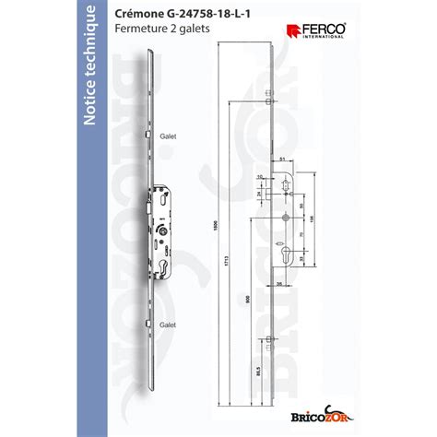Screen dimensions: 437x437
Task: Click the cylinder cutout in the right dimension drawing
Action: [x=286, y=255]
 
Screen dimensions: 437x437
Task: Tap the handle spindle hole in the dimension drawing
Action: [x=286, y=218]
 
